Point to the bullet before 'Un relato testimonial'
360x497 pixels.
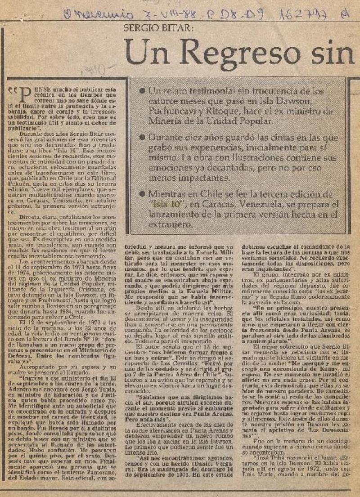click(142, 91)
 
